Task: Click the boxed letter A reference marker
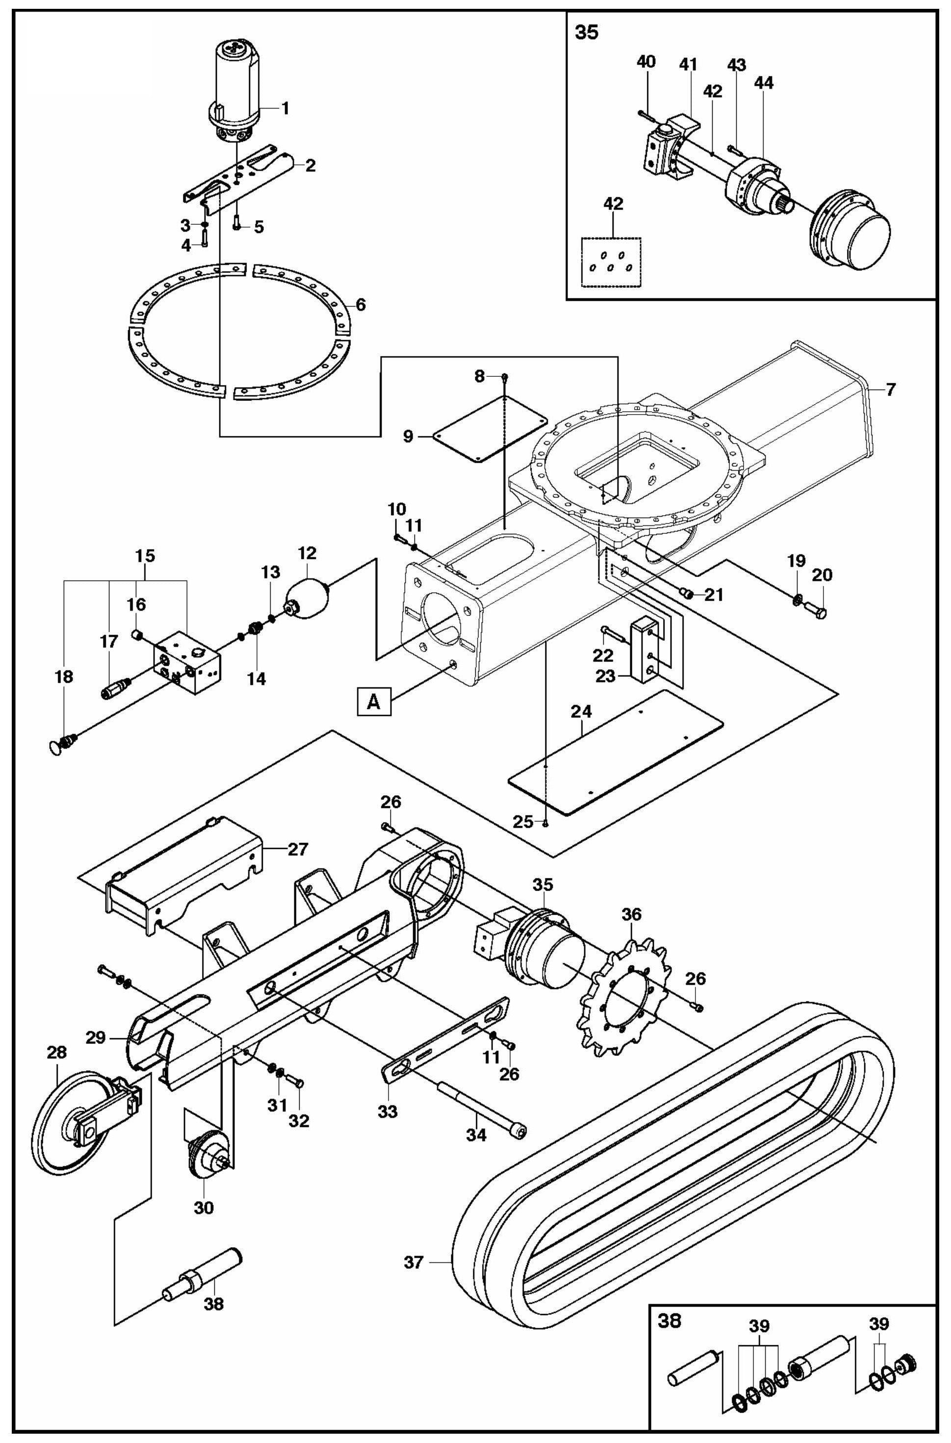pyautogui.click(x=374, y=703)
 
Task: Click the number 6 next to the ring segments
pyautogui.click(x=361, y=305)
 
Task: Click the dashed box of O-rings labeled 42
pyautogui.click(x=611, y=262)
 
